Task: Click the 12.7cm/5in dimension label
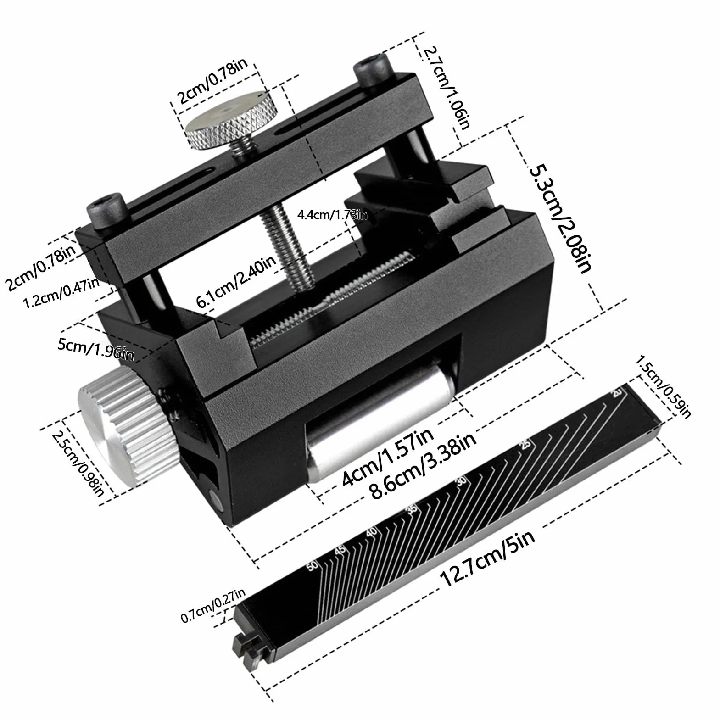point(487,558)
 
